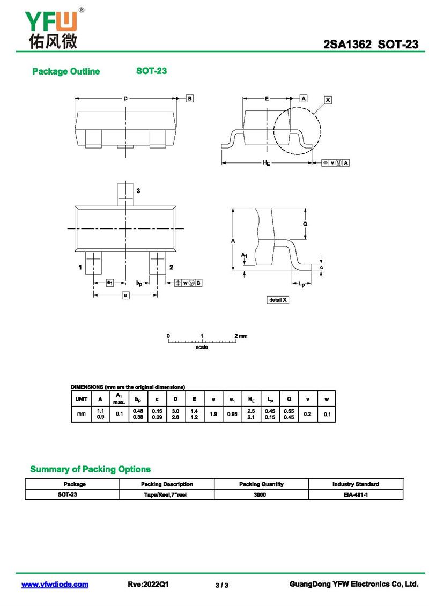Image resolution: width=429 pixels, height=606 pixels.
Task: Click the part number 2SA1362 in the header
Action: (x=347, y=45)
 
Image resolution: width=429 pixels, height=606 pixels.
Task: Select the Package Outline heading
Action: (x=66, y=71)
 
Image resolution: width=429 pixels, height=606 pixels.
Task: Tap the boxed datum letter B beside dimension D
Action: (x=189, y=98)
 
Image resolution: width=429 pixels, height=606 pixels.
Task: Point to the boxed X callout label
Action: (x=328, y=100)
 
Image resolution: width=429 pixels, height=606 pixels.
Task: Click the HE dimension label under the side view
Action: (x=267, y=163)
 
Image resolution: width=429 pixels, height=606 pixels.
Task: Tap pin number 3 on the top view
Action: (x=138, y=191)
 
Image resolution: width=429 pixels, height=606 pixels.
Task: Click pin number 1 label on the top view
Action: (x=80, y=267)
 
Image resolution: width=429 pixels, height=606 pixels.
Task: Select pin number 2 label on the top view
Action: (x=171, y=267)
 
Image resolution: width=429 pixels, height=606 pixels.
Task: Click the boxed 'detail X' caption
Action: (x=278, y=300)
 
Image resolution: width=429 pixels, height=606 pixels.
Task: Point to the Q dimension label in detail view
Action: (x=305, y=224)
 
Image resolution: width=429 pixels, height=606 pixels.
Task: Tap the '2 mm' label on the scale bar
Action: (x=241, y=336)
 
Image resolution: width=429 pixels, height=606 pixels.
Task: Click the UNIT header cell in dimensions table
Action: (x=82, y=399)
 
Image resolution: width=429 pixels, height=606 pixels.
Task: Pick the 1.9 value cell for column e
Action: (x=213, y=414)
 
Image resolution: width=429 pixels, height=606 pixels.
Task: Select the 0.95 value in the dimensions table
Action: (x=232, y=414)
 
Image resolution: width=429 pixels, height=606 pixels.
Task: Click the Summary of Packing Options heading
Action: (x=90, y=469)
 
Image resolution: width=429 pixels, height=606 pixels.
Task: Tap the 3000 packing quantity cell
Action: (x=261, y=494)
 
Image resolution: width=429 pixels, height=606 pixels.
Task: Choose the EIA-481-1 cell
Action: (x=355, y=494)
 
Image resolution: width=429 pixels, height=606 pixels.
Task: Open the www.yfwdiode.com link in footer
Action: (x=55, y=585)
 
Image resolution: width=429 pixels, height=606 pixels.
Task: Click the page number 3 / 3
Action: (x=222, y=585)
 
